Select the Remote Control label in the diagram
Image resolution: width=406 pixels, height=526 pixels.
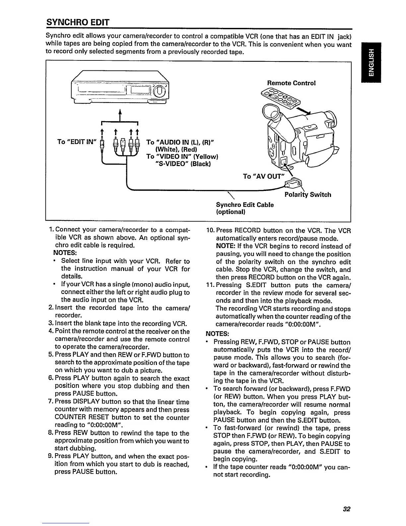pos(292,83)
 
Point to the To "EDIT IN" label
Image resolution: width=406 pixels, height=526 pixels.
pos(76,142)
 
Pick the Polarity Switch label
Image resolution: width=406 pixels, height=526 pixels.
pos(308,195)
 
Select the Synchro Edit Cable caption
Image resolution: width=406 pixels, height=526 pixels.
pos(245,205)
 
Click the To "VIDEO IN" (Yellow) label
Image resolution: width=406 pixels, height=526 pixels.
pos(182,156)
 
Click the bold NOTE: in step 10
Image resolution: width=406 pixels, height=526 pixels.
pos(226,246)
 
